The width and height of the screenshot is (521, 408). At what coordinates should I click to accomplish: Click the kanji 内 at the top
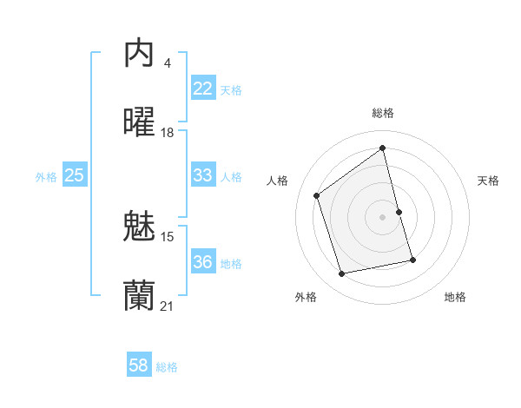tap(139, 54)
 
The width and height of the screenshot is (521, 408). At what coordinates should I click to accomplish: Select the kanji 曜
tap(139, 122)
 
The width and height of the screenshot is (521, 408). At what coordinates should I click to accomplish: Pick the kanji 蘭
tap(139, 296)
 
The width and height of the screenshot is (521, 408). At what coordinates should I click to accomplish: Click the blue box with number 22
tap(202, 89)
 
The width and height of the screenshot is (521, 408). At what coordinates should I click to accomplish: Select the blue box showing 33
tap(202, 175)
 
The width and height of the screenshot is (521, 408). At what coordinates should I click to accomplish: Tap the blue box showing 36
tap(202, 262)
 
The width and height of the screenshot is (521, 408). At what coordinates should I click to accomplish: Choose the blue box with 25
tap(74, 175)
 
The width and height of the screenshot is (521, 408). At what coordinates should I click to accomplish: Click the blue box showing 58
tap(138, 365)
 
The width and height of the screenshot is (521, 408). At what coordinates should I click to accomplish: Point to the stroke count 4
tap(167, 63)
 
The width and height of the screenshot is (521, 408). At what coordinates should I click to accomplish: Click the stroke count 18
tap(168, 133)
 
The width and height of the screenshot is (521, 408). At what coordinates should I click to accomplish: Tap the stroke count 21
tap(168, 306)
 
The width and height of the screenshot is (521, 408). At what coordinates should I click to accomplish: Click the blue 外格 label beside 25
tap(46, 177)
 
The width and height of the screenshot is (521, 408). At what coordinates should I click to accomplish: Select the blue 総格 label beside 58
tap(167, 367)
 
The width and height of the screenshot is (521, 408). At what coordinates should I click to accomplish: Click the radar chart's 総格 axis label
tap(383, 113)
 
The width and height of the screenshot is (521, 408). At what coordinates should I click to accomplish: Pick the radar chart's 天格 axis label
tap(489, 181)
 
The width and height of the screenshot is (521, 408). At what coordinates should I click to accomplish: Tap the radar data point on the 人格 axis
tap(317, 195)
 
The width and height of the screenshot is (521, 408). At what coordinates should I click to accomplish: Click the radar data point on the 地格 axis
tap(412, 260)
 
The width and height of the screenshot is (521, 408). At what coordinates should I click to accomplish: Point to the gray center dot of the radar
tap(383, 216)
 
